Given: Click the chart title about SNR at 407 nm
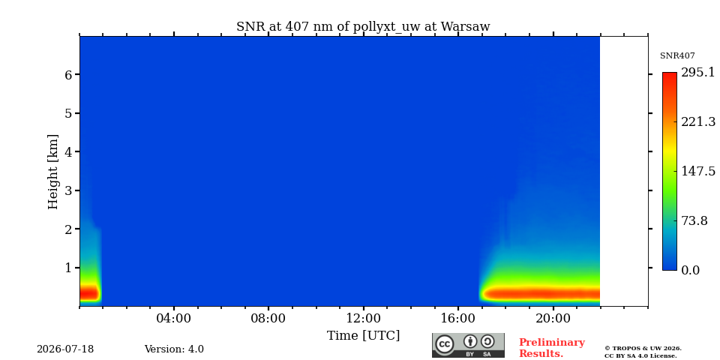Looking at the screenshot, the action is click(x=363, y=26).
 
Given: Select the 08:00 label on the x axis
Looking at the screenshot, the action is click(x=268, y=318).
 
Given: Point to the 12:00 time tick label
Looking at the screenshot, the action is click(x=363, y=318).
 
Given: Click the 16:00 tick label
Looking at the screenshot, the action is click(x=457, y=318).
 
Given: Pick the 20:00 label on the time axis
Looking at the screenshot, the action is click(x=553, y=318).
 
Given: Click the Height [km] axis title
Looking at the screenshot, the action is click(x=53, y=172).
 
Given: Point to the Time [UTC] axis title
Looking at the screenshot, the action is click(x=363, y=336).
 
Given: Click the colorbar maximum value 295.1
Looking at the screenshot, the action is click(x=698, y=73).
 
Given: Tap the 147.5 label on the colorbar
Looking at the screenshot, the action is click(x=698, y=171).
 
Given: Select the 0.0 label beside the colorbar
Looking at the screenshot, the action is click(x=690, y=270).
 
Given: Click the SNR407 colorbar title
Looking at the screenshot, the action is click(x=677, y=55).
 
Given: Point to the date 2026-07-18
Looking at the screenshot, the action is click(x=65, y=349).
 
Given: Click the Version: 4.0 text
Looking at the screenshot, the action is click(x=174, y=349).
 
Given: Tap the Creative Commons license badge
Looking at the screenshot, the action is click(x=468, y=345).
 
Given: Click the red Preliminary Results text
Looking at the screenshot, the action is click(x=552, y=348).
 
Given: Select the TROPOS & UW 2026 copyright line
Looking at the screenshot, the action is click(x=643, y=349).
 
